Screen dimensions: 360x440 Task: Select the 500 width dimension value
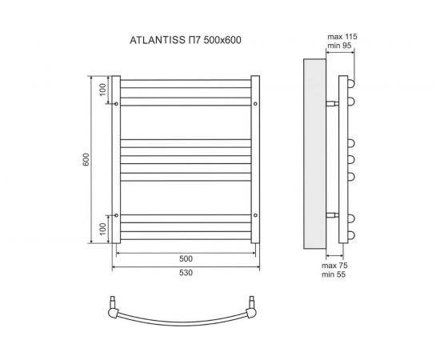point(186,259)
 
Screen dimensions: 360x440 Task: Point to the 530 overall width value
point(186,274)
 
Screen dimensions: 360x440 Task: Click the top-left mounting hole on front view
point(117,104)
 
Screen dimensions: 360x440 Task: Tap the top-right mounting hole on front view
point(255,104)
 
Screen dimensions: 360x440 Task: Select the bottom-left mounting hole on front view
point(117,215)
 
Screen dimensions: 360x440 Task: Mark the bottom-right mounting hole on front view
point(255,215)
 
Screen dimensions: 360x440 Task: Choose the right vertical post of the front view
point(255,160)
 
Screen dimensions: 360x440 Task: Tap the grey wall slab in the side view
point(314,152)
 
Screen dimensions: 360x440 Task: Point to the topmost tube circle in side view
point(351,83)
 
